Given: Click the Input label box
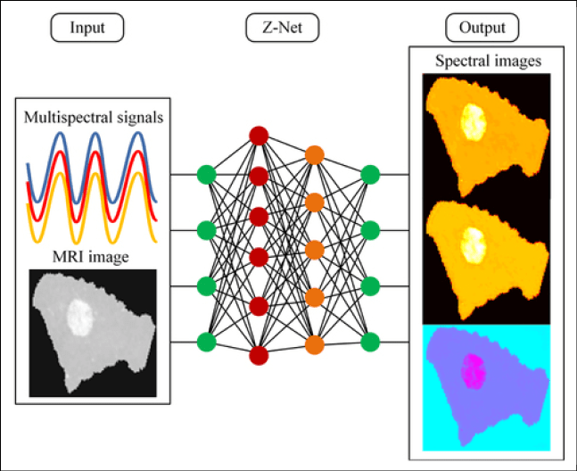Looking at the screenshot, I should (x=86, y=29).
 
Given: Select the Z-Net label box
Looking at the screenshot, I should (x=282, y=29).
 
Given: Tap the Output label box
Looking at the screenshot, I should (x=482, y=29).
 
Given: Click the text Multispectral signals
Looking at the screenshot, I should (x=94, y=117).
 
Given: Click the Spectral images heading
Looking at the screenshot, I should (x=488, y=62).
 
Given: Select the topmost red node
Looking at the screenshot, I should (x=259, y=136).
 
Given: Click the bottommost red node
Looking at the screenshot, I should (x=259, y=352).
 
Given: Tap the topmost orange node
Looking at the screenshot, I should (x=314, y=155).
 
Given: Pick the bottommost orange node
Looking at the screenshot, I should (x=314, y=344).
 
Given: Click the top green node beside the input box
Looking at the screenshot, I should (x=206, y=174).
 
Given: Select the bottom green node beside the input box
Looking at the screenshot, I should (x=206, y=342).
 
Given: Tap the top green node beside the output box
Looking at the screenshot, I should (x=371, y=174).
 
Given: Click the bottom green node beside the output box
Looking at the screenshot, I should (x=371, y=342).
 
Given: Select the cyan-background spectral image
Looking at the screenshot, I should (x=487, y=386).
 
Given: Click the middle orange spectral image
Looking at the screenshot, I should (x=487, y=259).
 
